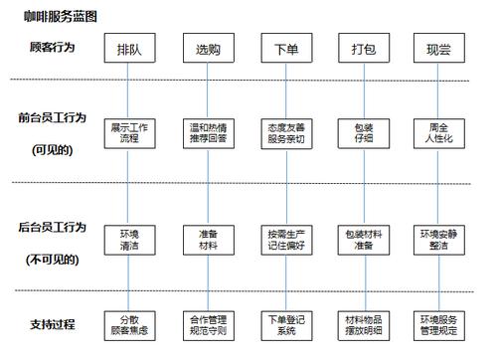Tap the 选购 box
207,49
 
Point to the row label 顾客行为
54,47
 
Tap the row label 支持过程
54,324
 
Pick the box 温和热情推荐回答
207,132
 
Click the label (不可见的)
54,259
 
